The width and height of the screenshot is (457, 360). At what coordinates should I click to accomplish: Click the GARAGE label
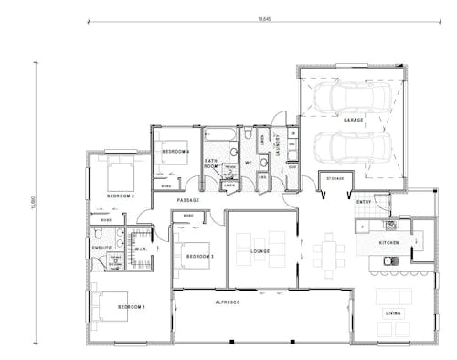point(353,120)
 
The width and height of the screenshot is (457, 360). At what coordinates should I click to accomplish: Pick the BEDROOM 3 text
point(199,257)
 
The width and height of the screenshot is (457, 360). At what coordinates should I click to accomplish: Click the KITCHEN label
point(391,242)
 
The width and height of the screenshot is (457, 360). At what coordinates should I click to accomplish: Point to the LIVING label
point(392,313)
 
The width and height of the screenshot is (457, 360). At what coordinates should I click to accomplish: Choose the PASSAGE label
point(188,200)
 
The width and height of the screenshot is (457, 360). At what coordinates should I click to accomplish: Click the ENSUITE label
point(101,248)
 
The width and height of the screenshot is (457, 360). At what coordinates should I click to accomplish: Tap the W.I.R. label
point(142,248)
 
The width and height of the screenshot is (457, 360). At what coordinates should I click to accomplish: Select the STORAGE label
point(335,179)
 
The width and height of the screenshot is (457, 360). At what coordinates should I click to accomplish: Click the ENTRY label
point(364,202)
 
